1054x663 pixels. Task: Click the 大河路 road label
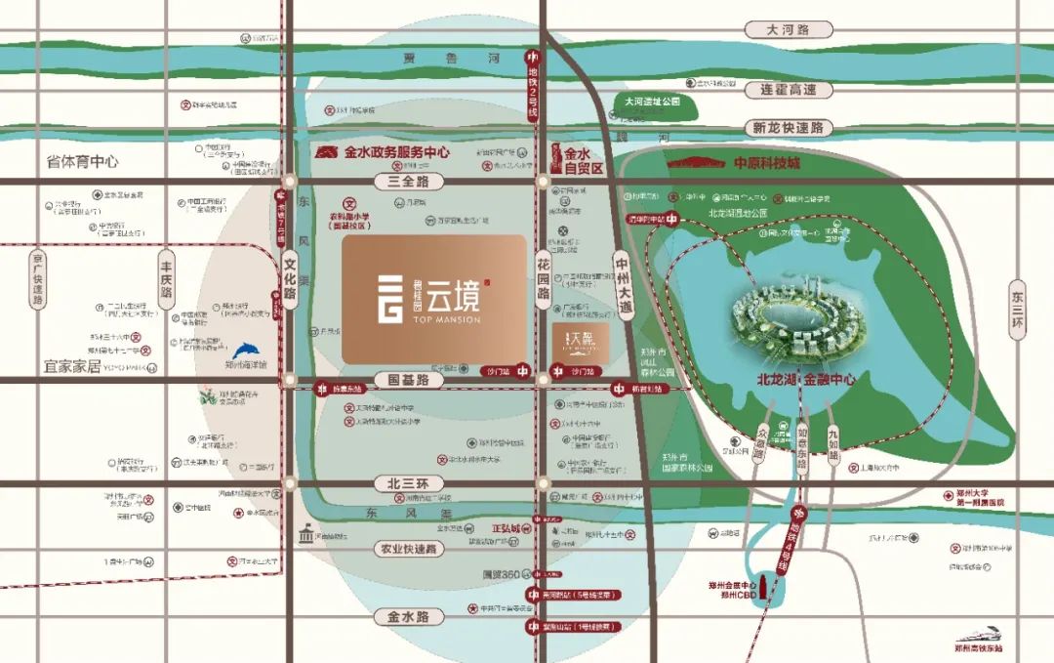[788, 30]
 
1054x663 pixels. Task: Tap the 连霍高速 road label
[788, 89]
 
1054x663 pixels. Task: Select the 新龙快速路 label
[788, 128]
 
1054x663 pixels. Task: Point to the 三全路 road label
[408, 182]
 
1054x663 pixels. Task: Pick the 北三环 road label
[408, 483]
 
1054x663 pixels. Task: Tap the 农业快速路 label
[408, 549]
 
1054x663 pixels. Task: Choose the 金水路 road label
[408, 617]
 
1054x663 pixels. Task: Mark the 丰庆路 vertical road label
[166, 278]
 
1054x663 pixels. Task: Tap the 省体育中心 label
[83, 161]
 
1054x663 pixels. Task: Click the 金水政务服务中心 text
[395, 153]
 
